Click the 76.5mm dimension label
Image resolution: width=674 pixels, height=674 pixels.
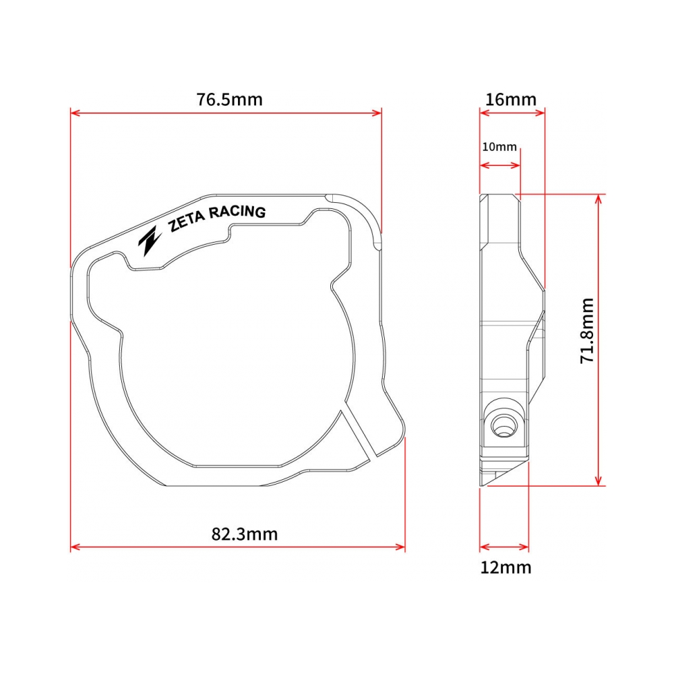(229, 100)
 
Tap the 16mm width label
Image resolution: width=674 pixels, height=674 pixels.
(511, 100)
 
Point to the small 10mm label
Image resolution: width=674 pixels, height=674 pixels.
(499, 146)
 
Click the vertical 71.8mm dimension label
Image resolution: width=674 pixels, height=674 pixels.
(587, 331)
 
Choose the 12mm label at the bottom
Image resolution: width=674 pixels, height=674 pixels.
(506, 568)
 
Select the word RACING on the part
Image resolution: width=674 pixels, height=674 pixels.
(238, 212)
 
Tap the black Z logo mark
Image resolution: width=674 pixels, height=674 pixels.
(150, 240)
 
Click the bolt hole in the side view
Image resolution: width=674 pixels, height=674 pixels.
(502, 425)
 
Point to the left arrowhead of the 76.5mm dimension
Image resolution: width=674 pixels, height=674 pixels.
(74, 113)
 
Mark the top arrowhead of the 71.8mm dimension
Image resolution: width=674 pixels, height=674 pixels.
(598, 199)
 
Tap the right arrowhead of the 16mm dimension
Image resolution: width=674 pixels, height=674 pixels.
(541, 113)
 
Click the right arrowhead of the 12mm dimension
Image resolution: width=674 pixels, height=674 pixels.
(526, 547)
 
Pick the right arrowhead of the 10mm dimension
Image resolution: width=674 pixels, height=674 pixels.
(517, 165)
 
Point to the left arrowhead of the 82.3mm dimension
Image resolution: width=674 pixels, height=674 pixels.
(74, 547)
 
